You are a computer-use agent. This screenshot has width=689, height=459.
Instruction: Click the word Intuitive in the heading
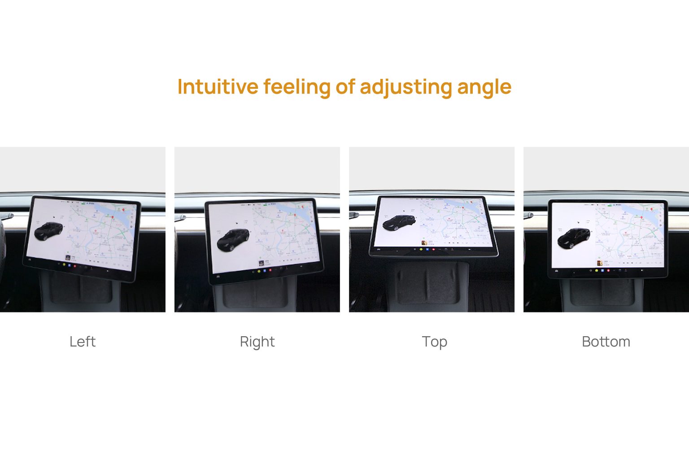pyautogui.click(x=218, y=87)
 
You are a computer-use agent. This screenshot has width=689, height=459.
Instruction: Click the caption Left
pyautogui.click(x=83, y=342)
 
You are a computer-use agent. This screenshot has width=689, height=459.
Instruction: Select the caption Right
pyautogui.click(x=257, y=342)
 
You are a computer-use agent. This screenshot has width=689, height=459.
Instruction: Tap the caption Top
pyautogui.click(x=434, y=342)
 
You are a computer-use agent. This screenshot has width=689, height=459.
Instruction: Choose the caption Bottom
pyautogui.click(x=606, y=342)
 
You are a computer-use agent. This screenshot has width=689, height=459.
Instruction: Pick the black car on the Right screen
pyautogui.click(x=233, y=240)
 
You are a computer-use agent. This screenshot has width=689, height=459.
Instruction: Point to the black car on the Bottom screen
pyautogui.click(x=573, y=238)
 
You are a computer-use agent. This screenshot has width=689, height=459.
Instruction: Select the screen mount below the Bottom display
pyautogui.click(x=606, y=294)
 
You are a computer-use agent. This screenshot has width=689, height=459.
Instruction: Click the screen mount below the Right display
pyautogui.click(x=256, y=296)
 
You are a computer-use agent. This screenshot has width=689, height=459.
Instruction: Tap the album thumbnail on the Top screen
pyautogui.click(x=424, y=243)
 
